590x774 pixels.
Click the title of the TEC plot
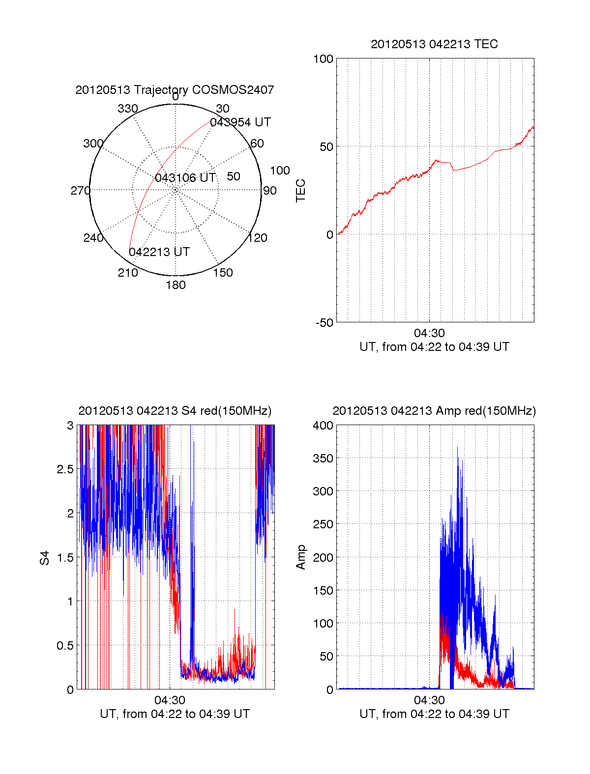[434, 44]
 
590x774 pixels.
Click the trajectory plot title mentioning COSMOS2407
[175, 90]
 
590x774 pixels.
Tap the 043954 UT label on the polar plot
[240, 122]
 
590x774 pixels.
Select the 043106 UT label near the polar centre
[185, 178]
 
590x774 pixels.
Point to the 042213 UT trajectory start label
[159, 252]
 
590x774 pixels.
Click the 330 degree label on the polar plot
[128, 109]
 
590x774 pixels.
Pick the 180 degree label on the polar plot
[176, 285]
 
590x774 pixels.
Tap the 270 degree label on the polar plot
[80, 191]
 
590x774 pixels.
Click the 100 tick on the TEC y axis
[323, 59]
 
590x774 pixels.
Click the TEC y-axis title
[300, 191]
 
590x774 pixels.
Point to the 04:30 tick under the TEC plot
[429, 333]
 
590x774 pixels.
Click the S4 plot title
[175, 411]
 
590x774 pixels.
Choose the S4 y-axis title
[45, 558]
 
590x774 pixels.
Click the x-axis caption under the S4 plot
[175, 714]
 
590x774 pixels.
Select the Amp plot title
[434, 411]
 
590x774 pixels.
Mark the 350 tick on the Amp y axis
[323, 459]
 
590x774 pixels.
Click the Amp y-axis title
[300, 557]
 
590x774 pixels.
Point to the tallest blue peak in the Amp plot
[457, 448]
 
